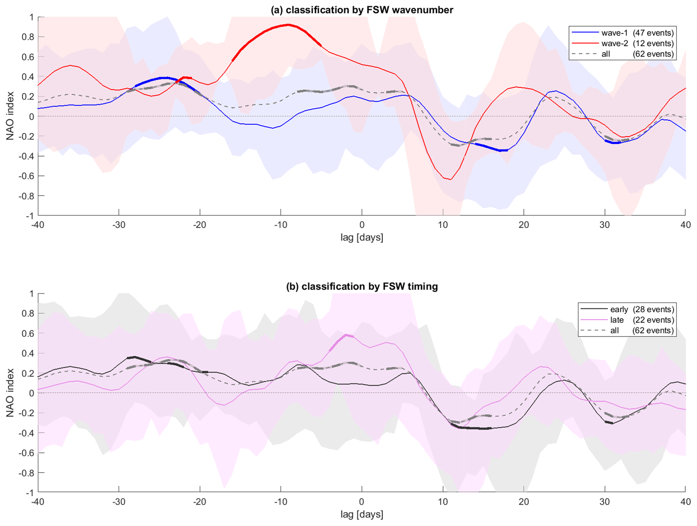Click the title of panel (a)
362,10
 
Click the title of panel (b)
362,286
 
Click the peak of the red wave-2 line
288,25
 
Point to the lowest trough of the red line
451,179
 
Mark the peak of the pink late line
347,335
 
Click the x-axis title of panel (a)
362,238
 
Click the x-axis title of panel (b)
362,514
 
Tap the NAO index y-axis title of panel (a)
10,116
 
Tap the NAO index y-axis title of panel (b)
10,393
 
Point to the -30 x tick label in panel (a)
119,225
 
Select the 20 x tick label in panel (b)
524,502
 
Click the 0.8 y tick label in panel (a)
28,37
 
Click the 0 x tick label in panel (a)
362,225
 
